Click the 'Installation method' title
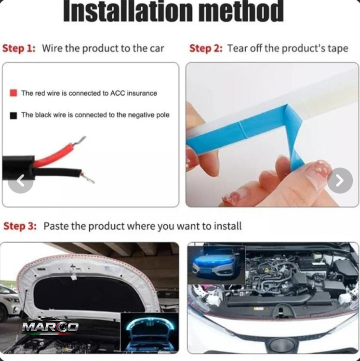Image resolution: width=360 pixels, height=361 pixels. [x=173, y=11]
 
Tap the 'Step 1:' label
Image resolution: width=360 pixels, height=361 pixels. [x=19, y=49]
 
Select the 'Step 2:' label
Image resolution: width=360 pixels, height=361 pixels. [x=206, y=49]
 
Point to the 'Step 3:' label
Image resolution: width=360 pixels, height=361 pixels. [x=20, y=226]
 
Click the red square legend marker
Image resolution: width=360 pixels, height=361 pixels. [x=13, y=93]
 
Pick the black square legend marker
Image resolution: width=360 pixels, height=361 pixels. [x=13, y=116]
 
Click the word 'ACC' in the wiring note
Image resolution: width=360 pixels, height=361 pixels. [x=118, y=93]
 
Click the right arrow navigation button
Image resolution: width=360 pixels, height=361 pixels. [x=340, y=180]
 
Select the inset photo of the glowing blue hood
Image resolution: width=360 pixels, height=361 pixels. [x=149, y=333]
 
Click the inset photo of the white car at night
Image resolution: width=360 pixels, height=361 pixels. [x=216, y=265]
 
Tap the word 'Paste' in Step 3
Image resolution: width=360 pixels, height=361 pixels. [x=55, y=226]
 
